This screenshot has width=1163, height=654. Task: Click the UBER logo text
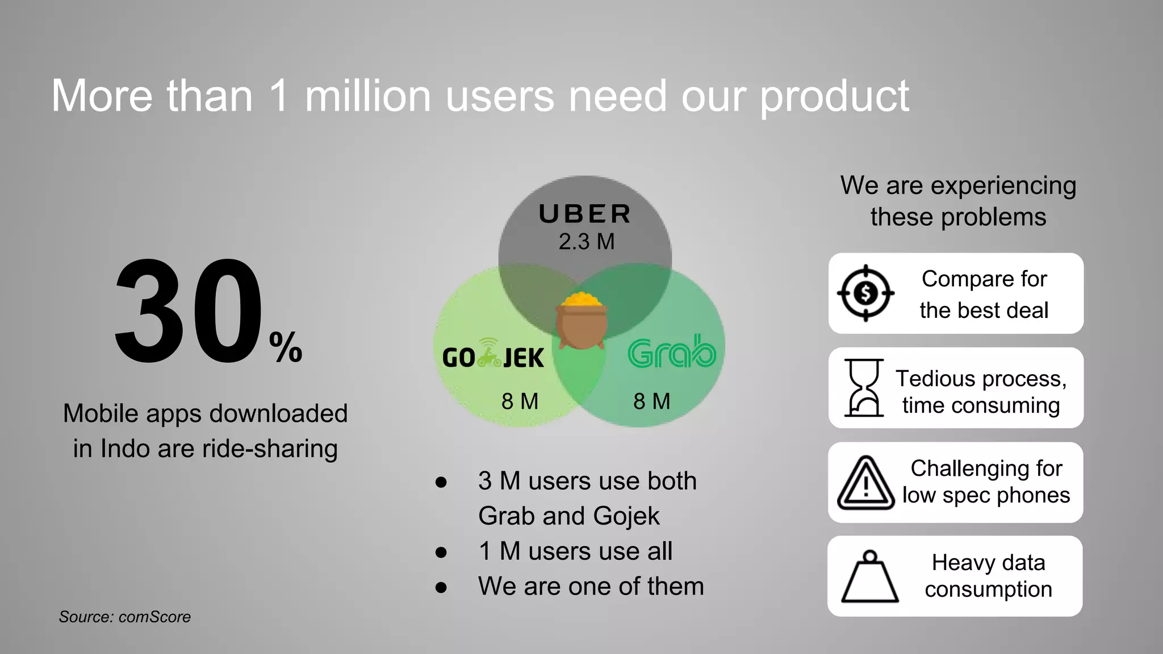pyautogui.click(x=585, y=214)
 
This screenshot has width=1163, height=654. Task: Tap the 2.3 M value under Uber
pyautogui.click(x=587, y=242)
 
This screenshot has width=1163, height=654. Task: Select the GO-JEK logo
pyautogui.click(x=492, y=356)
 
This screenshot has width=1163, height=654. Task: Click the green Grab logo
pyautogui.click(x=672, y=352)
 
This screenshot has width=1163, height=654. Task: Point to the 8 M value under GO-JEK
pyautogui.click(x=520, y=401)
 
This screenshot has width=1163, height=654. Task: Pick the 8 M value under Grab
pyautogui.click(x=652, y=401)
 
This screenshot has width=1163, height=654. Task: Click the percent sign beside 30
pyautogui.click(x=286, y=347)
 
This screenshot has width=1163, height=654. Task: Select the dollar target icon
pyautogui.click(x=865, y=293)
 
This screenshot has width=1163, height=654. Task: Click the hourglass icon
pyautogui.click(x=864, y=388)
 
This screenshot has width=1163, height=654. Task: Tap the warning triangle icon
pyautogui.click(x=865, y=483)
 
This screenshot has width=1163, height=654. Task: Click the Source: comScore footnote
pyautogui.click(x=125, y=617)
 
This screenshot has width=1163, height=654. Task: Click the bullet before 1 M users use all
pyautogui.click(x=441, y=552)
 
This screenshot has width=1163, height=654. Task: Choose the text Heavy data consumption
pyautogui.click(x=988, y=576)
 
